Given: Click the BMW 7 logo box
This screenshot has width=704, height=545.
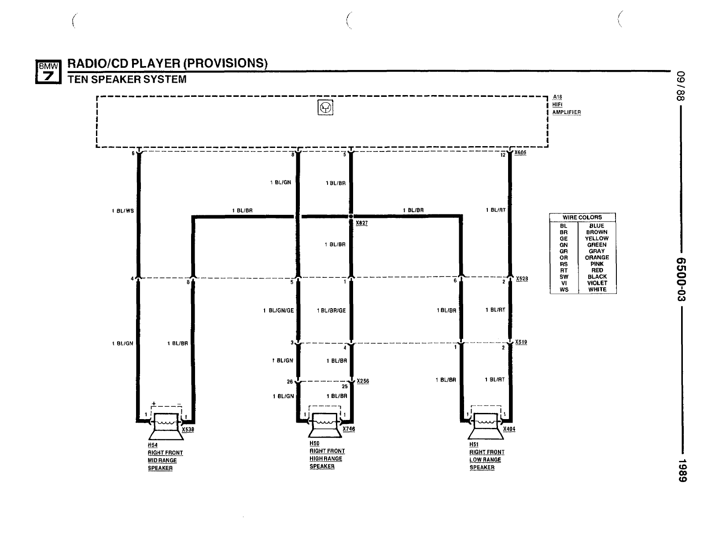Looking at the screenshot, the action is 48,72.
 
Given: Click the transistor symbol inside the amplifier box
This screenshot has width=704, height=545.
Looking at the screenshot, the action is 325,107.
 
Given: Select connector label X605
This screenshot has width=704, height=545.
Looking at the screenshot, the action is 520,153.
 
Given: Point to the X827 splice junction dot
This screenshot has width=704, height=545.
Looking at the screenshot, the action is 351,217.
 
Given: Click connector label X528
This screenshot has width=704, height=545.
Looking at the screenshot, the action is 522,279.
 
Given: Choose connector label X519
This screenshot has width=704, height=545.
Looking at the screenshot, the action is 521,342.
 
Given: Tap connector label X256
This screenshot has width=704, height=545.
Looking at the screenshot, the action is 363,381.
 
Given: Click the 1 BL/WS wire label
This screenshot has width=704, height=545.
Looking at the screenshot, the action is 123,211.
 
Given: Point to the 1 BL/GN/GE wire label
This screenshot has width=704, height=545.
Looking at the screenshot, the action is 278,310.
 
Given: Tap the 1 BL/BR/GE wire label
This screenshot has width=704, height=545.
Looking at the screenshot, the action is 331,310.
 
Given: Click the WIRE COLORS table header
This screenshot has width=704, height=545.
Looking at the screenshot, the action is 582,217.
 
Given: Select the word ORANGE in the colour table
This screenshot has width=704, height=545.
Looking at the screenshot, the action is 597,258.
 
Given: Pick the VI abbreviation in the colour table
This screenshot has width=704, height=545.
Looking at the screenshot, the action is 564,283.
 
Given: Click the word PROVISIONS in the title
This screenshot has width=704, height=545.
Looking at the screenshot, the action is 225,63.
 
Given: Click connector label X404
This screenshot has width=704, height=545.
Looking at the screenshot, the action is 509,429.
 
